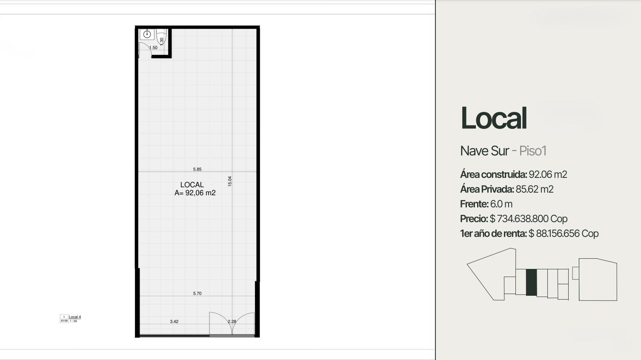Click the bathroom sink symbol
pyautogui.click(x=147, y=34)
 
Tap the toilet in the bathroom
pyautogui.click(x=161, y=37)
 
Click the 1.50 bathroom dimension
pyautogui.click(x=153, y=48)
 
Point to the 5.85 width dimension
pyautogui.click(x=197, y=169)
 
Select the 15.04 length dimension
pyautogui.click(x=230, y=181)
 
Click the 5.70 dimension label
pyautogui.click(x=197, y=293)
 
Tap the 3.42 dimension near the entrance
pyautogui.click(x=174, y=321)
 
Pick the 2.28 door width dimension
pyautogui.click(x=232, y=321)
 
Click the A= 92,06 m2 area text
pyautogui.click(x=195, y=193)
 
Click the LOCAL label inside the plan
pyautogui.click(x=192, y=185)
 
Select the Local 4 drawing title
pyautogui.click(x=74, y=317)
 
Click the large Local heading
pyautogui.click(x=494, y=118)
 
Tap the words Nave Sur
pyautogui.click(x=484, y=151)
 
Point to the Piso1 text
pyautogui.click(x=533, y=151)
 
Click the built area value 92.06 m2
pyautogui.click(x=548, y=174)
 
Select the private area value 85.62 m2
pyautogui.click(x=535, y=189)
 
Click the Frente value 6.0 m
pyautogui.click(x=501, y=204)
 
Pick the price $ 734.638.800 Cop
pyautogui.click(x=529, y=219)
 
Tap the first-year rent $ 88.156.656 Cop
pyautogui.click(x=564, y=234)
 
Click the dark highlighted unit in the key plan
pyautogui.click(x=532, y=283)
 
